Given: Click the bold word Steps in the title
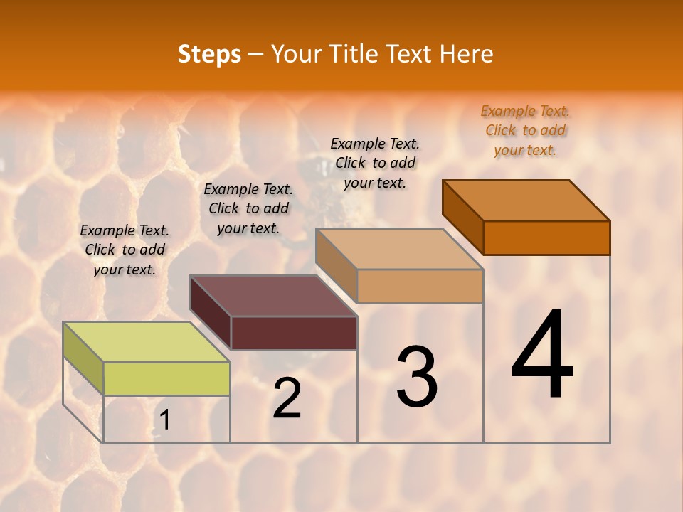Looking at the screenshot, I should point(209,54).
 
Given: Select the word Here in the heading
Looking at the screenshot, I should point(466,54).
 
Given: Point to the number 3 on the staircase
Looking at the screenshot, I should point(416,377).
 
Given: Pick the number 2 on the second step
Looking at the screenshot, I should point(287,398).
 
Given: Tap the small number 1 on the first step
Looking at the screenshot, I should point(164,421).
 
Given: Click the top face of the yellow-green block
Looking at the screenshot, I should point(147,342).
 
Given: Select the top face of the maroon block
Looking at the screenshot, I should point(273,296).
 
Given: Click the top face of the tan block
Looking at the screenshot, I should point(399,249).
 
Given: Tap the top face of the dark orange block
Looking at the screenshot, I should point(526,201).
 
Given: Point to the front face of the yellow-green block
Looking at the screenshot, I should point(166,378).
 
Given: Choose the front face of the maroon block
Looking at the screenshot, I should point(294,333).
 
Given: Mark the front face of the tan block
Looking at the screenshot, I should point(420,286).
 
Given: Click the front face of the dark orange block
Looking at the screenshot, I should point(546,238).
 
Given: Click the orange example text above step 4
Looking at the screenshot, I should point(525,131).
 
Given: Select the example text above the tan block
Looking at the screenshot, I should point(375,163).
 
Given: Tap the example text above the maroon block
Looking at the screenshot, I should point(248,208).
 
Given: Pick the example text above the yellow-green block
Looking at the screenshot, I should point(125,250).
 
